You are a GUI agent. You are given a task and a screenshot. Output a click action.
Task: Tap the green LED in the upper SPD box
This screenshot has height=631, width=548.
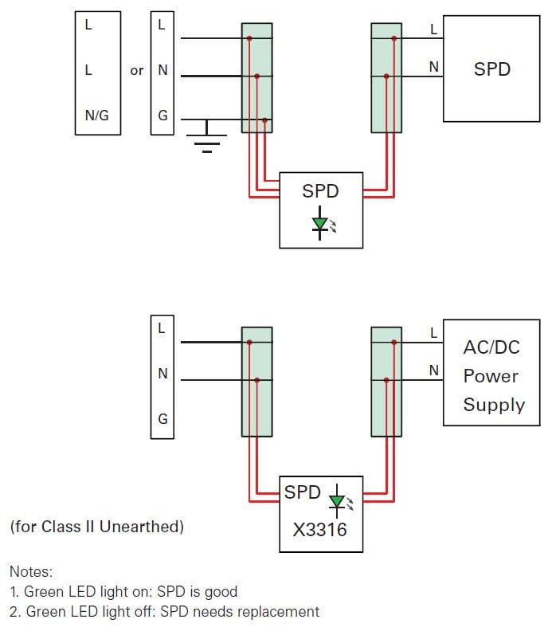pos(320,225)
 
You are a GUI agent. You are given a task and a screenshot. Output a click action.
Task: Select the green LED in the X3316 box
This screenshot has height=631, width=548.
pos(337,500)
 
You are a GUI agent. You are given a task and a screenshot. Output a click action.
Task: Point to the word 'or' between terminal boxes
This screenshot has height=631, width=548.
pos(137,70)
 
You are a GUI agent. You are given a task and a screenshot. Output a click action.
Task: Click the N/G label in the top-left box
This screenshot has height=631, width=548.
pos(96,116)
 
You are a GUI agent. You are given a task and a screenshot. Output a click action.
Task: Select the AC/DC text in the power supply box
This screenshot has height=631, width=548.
pos(491,347)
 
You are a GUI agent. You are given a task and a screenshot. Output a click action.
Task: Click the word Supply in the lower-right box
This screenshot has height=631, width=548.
pos(494,405)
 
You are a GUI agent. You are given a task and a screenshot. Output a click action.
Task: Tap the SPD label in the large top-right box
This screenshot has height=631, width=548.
pos(491,69)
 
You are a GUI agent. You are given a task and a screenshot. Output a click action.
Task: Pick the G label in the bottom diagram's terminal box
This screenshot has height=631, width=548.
pos(162,419)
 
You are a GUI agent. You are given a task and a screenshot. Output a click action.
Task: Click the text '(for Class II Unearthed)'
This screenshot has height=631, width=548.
pos(96,527)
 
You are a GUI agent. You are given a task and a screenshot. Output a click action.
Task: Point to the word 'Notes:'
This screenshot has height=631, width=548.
pos(31,571)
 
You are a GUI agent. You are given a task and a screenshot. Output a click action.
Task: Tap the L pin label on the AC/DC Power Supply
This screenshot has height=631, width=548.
pos(433,333)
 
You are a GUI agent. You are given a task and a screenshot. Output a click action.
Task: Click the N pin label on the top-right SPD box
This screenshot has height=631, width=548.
pos(433,68)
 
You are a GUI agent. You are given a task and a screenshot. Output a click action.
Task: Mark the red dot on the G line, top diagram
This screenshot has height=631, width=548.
pos(264,120)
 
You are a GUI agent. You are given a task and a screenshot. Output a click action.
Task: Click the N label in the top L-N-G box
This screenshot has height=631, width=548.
pos(162,70)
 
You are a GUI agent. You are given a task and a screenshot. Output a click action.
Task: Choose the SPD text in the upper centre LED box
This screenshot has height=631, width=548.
pos(320,191)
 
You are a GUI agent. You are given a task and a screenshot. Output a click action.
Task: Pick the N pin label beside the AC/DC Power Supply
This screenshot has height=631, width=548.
pos(433,370)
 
